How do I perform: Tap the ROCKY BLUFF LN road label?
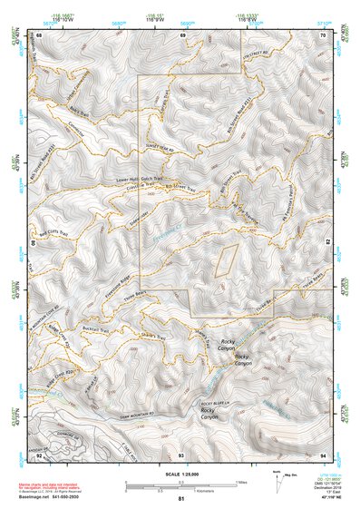pyautogui.click(x=218, y=401)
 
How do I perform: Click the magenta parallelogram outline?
pyautogui.click(x=225, y=259)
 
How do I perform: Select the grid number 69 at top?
pyautogui.click(x=183, y=34)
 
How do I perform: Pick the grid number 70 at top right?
pyautogui.click(x=324, y=34)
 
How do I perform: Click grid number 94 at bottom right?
pyautogui.click(x=324, y=454)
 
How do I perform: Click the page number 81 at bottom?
pyautogui.click(x=181, y=500)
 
